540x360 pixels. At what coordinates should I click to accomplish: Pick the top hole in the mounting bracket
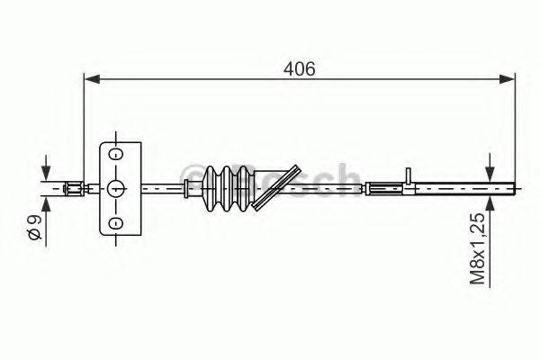click(115, 154)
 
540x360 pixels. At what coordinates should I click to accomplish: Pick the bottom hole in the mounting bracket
click(115, 222)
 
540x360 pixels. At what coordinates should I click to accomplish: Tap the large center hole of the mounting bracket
click(115, 188)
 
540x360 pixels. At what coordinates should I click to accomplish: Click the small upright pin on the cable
click(409, 176)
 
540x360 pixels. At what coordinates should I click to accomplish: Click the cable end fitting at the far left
click(74, 188)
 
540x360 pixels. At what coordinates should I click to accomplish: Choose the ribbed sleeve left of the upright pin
click(384, 188)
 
